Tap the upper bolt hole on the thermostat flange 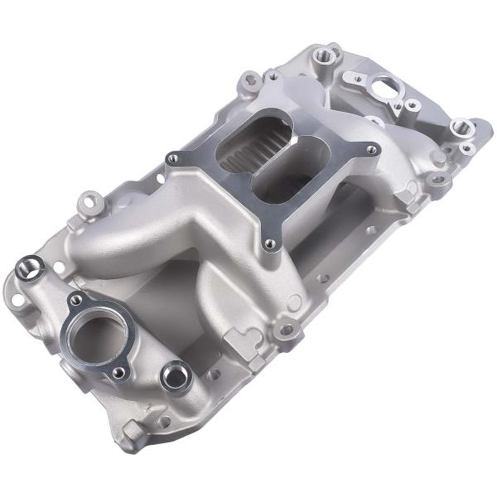[76, 299]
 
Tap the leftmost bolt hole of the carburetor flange [172, 158]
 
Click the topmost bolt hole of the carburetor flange [272, 83]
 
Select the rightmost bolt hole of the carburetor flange [371, 150]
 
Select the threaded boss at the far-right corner [461, 128]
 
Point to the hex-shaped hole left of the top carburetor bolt [249, 80]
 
